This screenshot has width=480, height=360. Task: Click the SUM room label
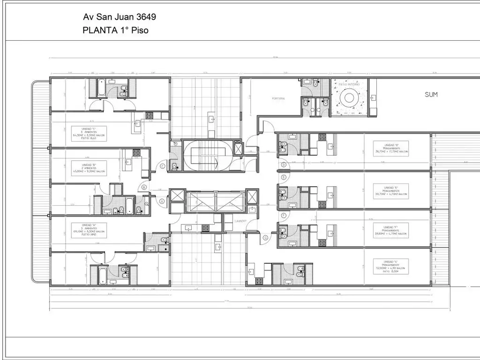(x=431, y=95)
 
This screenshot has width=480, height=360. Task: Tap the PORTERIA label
(x=278, y=99)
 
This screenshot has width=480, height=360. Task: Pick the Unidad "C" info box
(x=89, y=134)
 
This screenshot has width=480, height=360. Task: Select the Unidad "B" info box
(x=89, y=168)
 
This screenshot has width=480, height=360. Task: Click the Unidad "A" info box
(x=89, y=230)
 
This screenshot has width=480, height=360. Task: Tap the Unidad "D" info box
(x=391, y=149)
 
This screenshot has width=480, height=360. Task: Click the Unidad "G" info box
(x=391, y=266)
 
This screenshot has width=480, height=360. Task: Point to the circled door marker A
(x=162, y=201)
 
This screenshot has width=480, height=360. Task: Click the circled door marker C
(x=163, y=165)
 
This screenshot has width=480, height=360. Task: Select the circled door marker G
(x=265, y=238)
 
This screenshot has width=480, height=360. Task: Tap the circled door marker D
(x=284, y=165)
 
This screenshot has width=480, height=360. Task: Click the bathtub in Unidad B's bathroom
(x=117, y=204)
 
